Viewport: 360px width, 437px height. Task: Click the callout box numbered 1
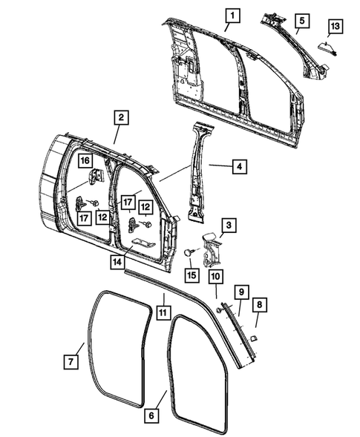coord(233,16)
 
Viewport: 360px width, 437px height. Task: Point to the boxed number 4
coord(238,168)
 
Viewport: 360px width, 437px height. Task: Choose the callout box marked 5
coord(301,19)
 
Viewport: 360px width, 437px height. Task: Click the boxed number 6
coord(151,415)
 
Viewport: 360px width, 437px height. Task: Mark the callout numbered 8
coord(258,304)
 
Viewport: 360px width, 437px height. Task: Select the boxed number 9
coord(240,289)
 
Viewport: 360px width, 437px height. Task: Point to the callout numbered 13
coord(335,27)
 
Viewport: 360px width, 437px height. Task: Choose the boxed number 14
coord(117,261)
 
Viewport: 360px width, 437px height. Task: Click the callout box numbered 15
coord(192,275)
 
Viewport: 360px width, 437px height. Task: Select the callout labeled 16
coord(85,160)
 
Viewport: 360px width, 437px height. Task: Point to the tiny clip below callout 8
coord(252,338)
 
